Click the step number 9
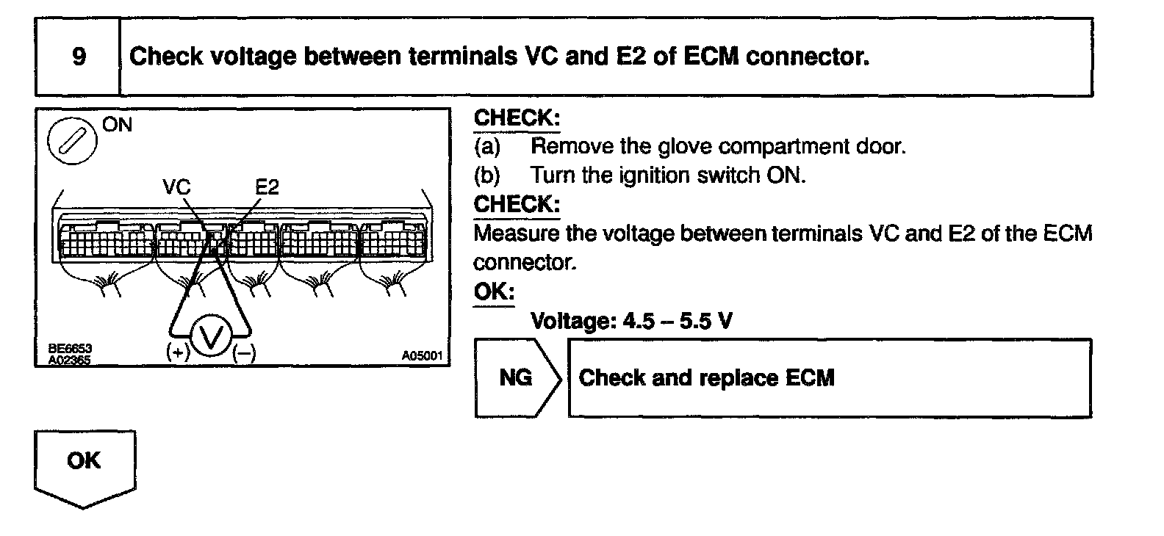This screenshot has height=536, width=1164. pos(79,57)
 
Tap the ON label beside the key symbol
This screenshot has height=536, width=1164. pos(118,125)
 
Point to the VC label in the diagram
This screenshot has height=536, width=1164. pos(176,187)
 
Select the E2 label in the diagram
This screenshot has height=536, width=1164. pos(267,187)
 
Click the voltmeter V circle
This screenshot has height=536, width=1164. pos(212,338)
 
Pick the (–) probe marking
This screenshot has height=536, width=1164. pos(244,353)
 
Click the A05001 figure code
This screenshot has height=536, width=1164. pos(423,356)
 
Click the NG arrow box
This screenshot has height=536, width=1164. pos(517,378)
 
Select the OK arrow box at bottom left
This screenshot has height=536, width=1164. pos(85,463)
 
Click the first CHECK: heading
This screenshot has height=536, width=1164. pos(517,118)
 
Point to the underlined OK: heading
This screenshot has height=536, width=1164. pos(494,291)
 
